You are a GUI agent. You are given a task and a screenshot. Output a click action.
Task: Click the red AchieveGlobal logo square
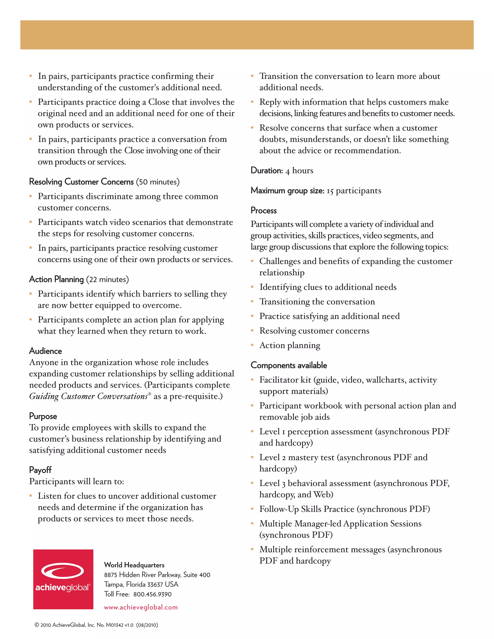point(63,579)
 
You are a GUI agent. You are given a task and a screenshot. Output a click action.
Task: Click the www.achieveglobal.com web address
point(141,607)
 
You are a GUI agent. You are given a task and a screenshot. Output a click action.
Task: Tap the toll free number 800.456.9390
point(152,594)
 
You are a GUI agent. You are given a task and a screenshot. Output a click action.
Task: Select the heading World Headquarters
point(134,565)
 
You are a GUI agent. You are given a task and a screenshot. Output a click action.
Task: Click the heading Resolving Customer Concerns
point(81,182)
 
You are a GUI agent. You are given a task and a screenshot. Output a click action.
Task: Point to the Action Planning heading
point(56,279)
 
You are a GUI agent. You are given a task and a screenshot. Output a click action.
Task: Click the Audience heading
point(45,351)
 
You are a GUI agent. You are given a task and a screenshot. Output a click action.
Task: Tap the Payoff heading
point(40,470)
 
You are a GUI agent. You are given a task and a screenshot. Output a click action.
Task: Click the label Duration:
point(267,170)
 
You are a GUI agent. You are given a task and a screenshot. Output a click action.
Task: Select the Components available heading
point(288,365)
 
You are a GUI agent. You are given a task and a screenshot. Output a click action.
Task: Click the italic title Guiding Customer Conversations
point(88,396)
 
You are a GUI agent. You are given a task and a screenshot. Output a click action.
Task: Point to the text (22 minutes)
point(107,279)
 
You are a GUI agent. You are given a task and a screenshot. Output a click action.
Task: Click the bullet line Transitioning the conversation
point(317,302)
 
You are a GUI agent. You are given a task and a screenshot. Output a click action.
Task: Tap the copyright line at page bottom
point(96,625)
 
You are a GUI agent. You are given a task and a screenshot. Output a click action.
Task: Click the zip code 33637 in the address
point(155,585)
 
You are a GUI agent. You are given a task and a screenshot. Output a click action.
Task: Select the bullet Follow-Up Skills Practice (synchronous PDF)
point(344,509)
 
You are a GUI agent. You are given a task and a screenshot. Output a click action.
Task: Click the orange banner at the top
point(247,34)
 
